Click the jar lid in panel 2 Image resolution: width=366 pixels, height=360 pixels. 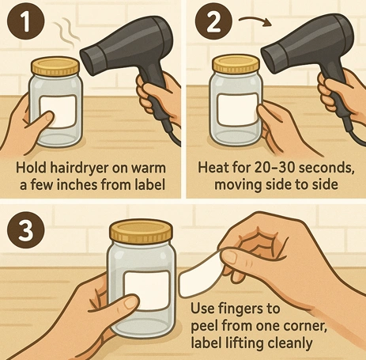(x=236, y=66)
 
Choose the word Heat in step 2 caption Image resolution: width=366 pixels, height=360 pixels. (x=209, y=168)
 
